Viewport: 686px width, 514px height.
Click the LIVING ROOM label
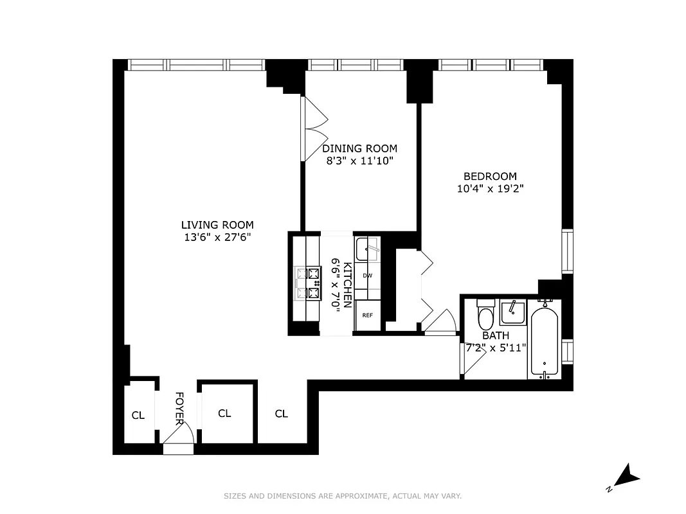pos(217,225)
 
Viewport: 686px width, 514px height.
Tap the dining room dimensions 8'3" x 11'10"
pos(359,161)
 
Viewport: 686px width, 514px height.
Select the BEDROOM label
pos(490,176)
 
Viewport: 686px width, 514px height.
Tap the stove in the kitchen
pos(307,283)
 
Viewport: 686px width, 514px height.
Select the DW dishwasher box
pos(368,275)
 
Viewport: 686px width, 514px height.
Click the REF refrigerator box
pos(368,315)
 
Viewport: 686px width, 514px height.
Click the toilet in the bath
pos(485,315)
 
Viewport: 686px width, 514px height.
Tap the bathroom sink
pos(513,312)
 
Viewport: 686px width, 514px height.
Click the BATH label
pos(496,335)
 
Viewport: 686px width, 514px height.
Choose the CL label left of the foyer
pos(138,416)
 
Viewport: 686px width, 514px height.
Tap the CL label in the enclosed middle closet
pos(224,413)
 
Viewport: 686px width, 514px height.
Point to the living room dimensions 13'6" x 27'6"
pos(217,237)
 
